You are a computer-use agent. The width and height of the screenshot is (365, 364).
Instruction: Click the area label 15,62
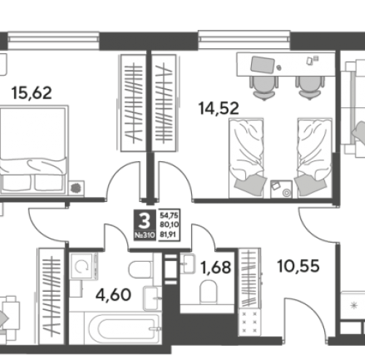coord(32,93)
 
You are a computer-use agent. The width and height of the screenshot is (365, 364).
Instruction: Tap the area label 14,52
coord(218,108)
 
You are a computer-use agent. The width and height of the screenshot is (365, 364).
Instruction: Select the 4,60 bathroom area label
coord(113,295)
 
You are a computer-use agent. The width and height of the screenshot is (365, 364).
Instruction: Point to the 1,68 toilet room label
coord(215,267)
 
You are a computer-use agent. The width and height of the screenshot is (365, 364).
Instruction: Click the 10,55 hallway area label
coord(299,266)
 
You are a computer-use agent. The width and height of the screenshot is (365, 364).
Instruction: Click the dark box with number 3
coord(145,225)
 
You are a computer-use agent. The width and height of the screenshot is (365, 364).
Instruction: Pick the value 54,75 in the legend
coord(169,215)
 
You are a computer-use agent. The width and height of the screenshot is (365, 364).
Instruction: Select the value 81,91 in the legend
coord(168,234)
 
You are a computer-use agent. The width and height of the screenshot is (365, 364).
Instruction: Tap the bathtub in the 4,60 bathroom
coord(124,327)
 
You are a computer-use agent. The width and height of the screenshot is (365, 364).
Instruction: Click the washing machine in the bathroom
coord(83,266)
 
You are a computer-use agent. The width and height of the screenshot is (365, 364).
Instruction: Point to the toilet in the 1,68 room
coord(208,292)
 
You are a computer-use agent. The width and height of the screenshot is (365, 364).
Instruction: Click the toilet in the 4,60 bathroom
coord(140,269)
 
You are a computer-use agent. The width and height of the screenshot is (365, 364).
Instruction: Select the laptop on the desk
coord(263,65)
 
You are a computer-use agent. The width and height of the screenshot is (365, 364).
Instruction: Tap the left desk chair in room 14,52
coord(264,88)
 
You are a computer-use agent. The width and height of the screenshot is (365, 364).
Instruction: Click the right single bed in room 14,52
coord(315,158)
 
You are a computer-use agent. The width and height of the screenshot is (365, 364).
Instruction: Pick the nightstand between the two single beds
coord(281,189)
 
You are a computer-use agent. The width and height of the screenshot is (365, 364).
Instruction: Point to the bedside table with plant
coord(77,188)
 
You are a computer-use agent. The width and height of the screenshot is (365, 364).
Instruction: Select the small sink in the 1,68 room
coord(188,263)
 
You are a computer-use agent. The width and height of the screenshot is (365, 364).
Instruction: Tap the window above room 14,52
coord(244,39)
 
